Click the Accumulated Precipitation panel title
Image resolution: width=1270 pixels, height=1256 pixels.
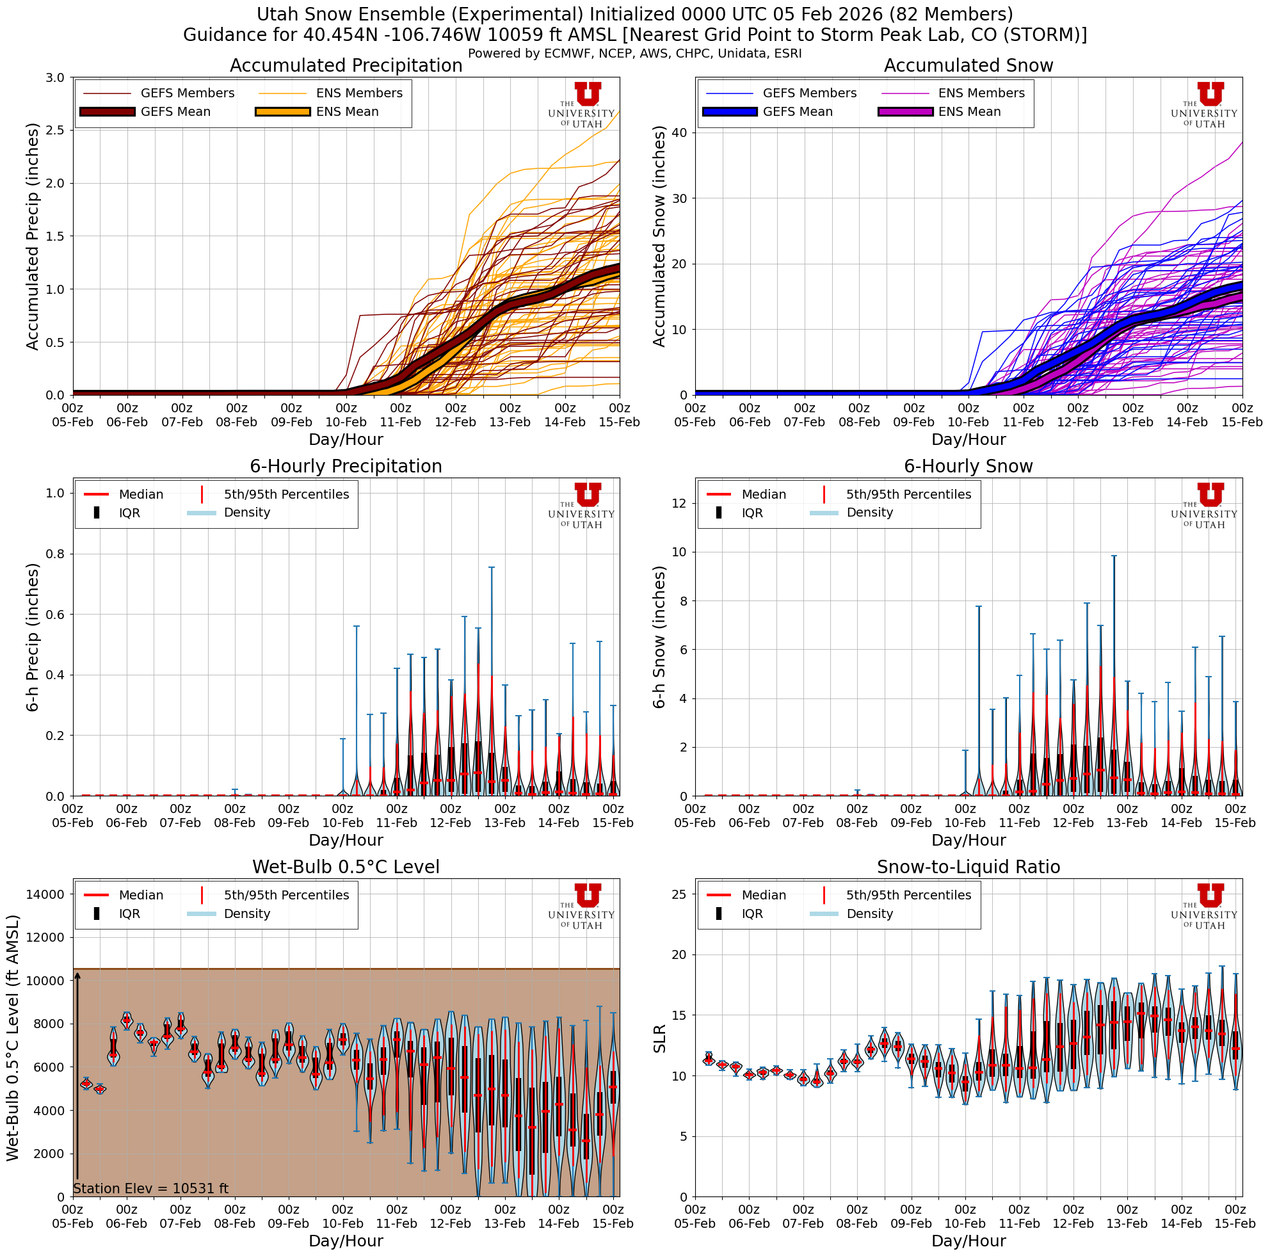346,66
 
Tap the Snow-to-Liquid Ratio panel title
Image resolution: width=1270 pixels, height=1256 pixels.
969,867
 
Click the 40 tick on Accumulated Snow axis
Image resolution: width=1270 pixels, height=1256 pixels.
680,133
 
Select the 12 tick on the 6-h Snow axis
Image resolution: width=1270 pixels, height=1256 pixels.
680,503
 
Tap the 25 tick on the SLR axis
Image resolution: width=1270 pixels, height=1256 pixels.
680,894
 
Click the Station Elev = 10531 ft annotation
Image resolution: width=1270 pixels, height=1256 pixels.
150,1188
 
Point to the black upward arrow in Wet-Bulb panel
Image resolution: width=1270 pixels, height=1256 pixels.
77,1078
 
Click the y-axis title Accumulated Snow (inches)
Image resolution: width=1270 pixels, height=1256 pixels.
659,237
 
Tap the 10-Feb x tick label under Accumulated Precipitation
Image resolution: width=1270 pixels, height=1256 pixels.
346,422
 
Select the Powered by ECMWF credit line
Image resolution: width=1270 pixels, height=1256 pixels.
634,53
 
